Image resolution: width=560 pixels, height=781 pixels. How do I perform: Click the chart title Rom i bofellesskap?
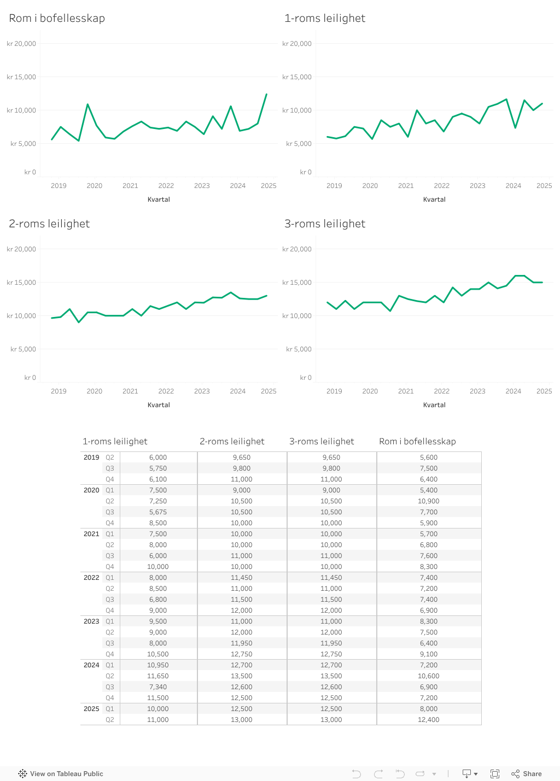pyautogui.click(x=57, y=18)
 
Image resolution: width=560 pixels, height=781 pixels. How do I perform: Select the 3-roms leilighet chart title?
pyautogui.click(x=325, y=224)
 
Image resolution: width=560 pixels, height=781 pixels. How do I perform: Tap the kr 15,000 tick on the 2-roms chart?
pyautogui.click(x=21, y=283)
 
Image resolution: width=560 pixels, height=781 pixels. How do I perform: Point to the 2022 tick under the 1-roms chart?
pyautogui.click(x=441, y=186)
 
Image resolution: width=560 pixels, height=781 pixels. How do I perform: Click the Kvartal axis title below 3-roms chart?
pyautogui.click(x=434, y=405)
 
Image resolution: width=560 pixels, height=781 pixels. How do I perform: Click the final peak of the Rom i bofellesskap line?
pyautogui.click(x=266, y=94)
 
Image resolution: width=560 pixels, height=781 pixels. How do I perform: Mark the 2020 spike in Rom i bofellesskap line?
pyautogui.click(x=87, y=104)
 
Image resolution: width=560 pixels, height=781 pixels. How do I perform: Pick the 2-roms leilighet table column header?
pyautogui.click(x=232, y=442)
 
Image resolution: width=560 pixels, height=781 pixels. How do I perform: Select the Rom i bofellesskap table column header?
pyautogui.click(x=417, y=442)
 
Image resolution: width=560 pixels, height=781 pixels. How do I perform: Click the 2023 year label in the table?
pyautogui.click(x=91, y=621)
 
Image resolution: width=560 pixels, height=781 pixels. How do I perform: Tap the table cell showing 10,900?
pyautogui.click(x=429, y=501)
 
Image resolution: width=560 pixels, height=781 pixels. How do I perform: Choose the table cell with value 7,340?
pyautogui.click(x=158, y=687)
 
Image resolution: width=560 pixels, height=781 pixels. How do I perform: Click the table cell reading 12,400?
pyautogui.click(x=429, y=720)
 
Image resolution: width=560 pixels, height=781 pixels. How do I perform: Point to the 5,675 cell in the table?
pyautogui.click(x=158, y=512)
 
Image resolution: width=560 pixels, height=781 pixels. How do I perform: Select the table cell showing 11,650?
pyautogui.click(x=158, y=676)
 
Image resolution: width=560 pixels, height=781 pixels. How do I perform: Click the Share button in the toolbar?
pyautogui.click(x=527, y=774)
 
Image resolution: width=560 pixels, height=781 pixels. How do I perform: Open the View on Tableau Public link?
pyautogui.click(x=61, y=774)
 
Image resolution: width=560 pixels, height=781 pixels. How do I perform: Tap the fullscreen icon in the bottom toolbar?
pyautogui.click(x=495, y=774)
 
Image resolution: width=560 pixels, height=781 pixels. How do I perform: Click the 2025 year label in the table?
pyautogui.click(x=91, y=709)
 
